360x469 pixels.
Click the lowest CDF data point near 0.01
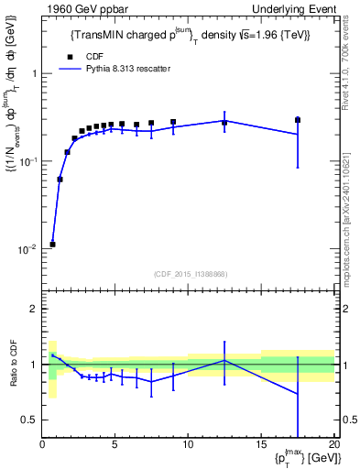coord(52,244)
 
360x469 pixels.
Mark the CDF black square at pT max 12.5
coord(224,122)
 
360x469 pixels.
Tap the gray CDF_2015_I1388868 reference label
coord(190,274)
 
